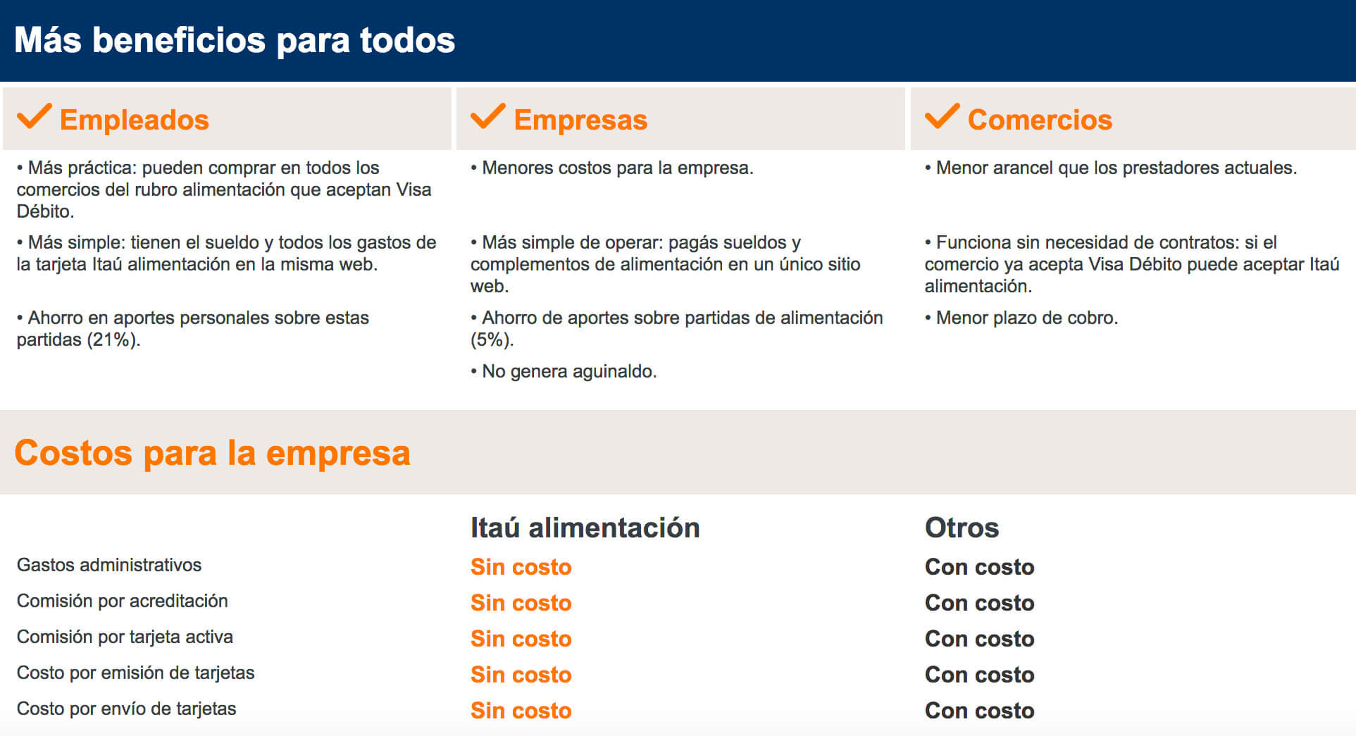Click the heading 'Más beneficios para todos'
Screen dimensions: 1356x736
(x=235, y=40)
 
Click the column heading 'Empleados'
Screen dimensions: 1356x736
(x=135, y=120)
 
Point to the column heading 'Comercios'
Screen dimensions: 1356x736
(x=1040, y=120)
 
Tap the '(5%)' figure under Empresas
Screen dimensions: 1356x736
(x=492, y=339)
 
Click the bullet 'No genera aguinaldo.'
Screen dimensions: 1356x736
(x=564, y=371)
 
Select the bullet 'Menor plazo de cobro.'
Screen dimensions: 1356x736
(x=1021, y=318)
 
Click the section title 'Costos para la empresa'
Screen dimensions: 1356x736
(x=212, y=452)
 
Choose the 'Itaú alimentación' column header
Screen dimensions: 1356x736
(x=585, y=528)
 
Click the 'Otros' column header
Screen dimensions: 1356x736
(x=962, y=528)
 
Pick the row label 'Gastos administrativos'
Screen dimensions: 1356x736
(x=109, y=565)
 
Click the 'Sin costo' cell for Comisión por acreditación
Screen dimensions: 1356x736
(x=521, y=603)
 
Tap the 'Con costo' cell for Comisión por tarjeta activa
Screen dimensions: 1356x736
(x=979, y=639)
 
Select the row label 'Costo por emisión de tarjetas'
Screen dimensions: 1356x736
(x=135, y=673)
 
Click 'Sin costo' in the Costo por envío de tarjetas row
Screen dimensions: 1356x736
(x=521, y=711)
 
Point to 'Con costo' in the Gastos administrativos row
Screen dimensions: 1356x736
(x=979, y=567)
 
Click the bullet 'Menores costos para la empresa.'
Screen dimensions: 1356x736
(x=612, y=168)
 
